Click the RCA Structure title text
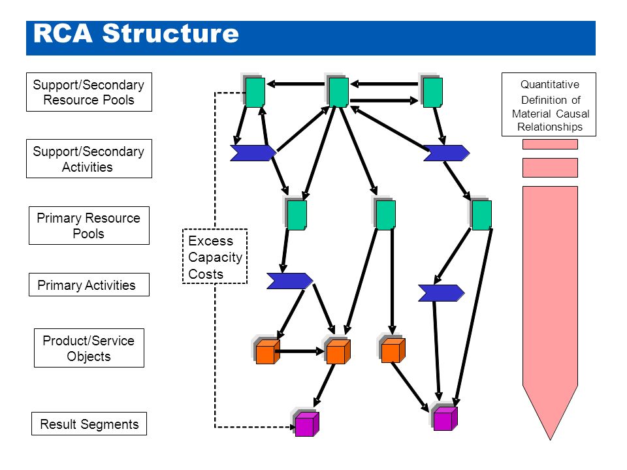coord(136,33)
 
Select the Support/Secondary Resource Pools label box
coord(89,92)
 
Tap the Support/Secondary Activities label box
coord(89,159)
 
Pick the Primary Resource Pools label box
coord(89,225)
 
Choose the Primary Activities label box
coord(89,285)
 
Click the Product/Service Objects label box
coord(89,348)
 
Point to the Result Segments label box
coord(89,424)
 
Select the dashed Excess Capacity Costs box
coord(215,256)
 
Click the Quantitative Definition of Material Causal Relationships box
coord(549,104)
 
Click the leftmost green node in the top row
coord(254,91)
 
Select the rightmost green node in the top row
coord(432,91)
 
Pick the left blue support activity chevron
coord(253,153)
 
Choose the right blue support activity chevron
coord(447,153)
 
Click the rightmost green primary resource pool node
coord(481,214)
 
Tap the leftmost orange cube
coord(266,351)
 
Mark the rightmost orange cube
coord(393,350)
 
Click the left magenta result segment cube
coord(306,423)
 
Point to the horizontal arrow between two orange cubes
coord(300,351)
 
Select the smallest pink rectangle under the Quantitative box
coord(550,144)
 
